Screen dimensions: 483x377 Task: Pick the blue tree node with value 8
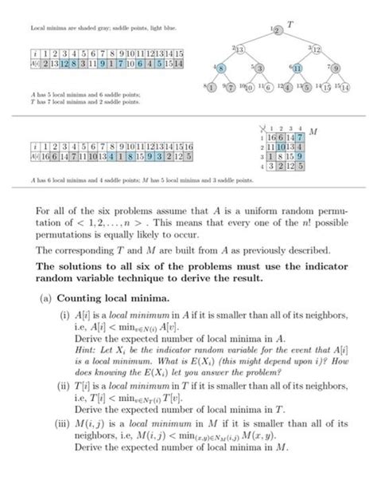click(x=218, y=69)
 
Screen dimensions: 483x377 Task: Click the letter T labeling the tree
click(x=290, y=25)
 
